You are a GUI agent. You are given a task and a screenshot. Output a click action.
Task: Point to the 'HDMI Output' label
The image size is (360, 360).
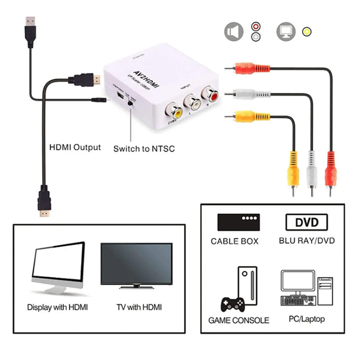pos(75,147)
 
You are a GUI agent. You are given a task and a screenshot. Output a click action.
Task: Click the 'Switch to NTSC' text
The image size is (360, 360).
pos(144,148)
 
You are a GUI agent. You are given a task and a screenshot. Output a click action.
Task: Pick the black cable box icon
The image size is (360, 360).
pos(241,222)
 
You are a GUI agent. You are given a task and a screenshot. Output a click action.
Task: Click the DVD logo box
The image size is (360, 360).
pos(306,222)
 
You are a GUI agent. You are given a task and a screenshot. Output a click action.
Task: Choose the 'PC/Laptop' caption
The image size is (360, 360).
pos(306,319)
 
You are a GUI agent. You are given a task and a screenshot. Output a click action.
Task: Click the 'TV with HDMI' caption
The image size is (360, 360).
pos(139,307)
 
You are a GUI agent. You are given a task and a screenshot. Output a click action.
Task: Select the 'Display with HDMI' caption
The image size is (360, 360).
pos(58,307)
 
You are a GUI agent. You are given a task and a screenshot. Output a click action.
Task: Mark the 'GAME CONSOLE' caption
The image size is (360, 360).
pos(238,320)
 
